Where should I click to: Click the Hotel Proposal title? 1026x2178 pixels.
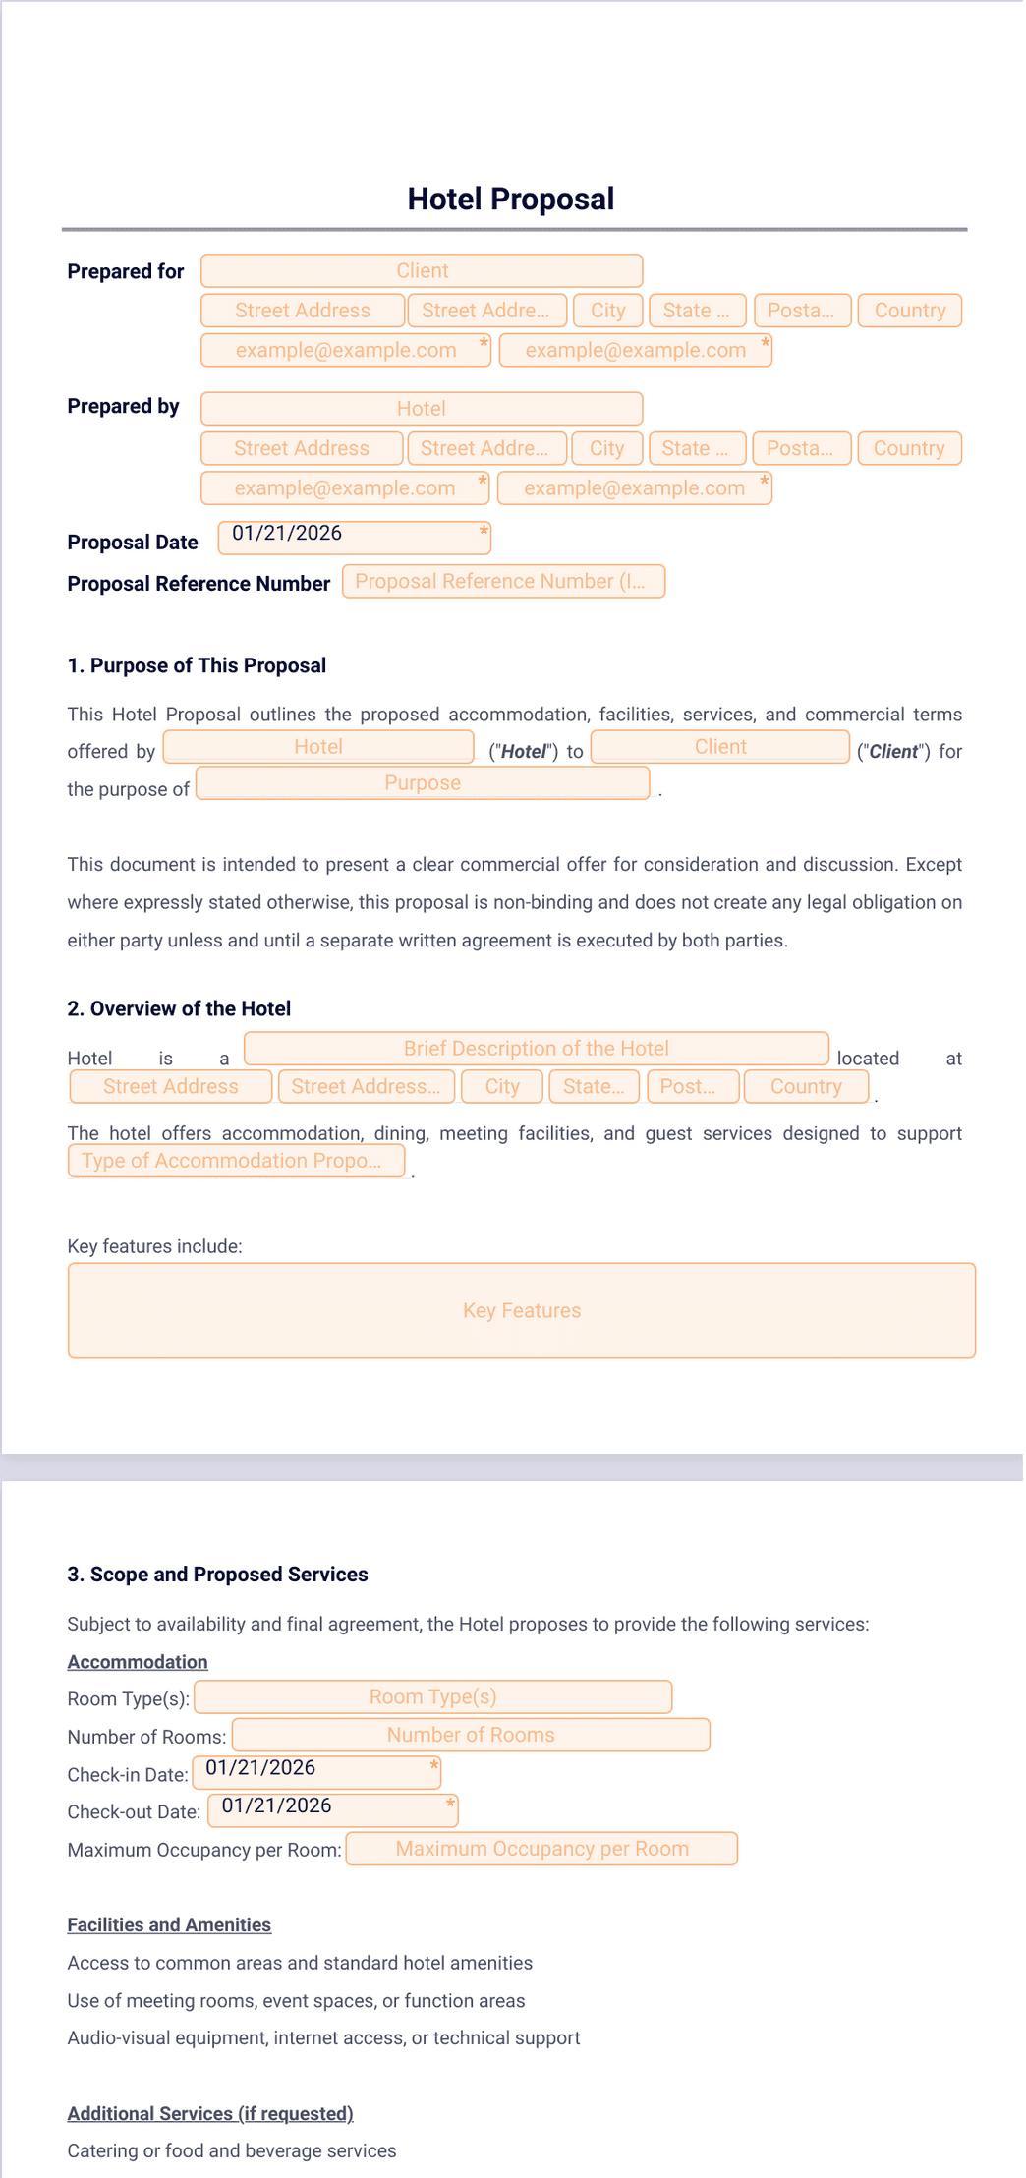510,200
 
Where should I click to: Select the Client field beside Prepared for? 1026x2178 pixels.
422,271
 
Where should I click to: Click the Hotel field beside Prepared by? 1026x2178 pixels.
422,409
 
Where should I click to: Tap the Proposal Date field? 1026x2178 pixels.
354,538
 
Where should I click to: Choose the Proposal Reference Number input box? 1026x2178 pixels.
503,582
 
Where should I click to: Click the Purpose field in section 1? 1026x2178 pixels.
423,783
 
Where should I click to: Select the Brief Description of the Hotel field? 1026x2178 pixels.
536,1049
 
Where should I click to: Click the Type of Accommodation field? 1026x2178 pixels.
236,1161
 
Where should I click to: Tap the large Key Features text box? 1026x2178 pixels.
521,1311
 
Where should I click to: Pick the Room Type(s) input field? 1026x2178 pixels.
432,1697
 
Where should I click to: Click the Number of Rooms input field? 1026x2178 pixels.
471,1736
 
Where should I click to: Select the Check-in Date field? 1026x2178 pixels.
316,1772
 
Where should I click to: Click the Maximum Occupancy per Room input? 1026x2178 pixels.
541,1849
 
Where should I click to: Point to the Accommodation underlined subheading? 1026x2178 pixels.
138,1662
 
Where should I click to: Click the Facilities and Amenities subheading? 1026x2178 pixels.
169,1925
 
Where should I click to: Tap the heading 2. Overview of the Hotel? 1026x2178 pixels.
179,1009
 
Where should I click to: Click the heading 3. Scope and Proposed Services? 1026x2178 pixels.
217,1575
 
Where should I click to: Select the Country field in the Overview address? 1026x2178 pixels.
806,1087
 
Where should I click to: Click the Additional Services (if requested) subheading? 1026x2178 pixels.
210,2114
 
